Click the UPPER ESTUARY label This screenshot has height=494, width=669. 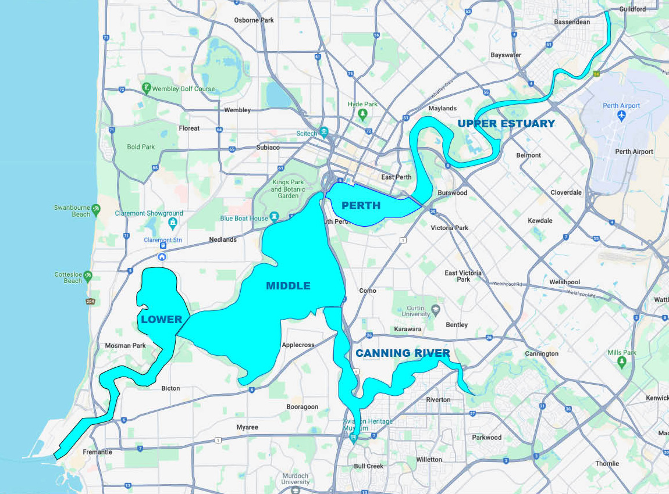tap(506, 123)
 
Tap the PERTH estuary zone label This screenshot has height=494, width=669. tap(361, 206)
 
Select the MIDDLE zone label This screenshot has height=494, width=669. tap(288, 286)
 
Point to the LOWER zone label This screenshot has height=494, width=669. tap(162, 319)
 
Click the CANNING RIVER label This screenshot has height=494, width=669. tap(403, 353)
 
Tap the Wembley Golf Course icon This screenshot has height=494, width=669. tap(146, 88)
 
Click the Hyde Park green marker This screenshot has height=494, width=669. tap(363, 114)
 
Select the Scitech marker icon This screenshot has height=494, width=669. tap(324, 133)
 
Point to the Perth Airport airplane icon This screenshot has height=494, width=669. tap(622, 116)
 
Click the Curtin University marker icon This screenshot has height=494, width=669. tap(435, 308)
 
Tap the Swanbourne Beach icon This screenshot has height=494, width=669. tap(96, 209)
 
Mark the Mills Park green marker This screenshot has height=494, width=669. tap(622, 363)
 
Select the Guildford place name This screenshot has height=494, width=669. tap(633, 9)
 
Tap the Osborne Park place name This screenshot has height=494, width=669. tap(254, 20)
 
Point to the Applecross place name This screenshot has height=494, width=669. tap(298, 345)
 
